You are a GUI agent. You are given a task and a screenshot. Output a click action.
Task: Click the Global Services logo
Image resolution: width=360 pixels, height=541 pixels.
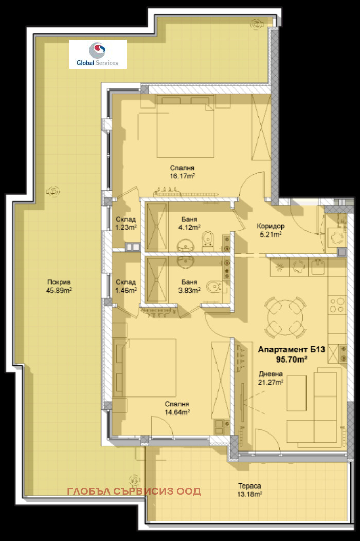(x=98, y=54)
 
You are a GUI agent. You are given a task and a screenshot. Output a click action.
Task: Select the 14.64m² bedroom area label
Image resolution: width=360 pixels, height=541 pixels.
(x=177, y=408)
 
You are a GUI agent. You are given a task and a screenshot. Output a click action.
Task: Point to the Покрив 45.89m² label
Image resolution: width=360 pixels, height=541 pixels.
(x=59, y=285)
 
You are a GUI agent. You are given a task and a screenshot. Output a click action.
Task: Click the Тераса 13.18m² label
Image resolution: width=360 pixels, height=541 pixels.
(x=249, y=490)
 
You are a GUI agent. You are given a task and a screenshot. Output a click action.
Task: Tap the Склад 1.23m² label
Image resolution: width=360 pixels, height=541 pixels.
(x=125, y=223)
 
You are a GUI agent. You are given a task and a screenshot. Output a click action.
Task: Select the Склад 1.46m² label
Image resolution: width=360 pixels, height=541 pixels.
(x=125, y=286)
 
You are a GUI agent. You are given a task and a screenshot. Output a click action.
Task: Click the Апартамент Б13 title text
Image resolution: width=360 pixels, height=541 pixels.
(x=291, y=350)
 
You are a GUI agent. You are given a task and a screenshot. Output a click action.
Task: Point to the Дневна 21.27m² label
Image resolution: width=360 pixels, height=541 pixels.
(x=271, y=377)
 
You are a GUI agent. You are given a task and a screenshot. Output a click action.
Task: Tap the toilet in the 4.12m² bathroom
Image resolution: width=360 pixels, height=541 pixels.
(x=208, y=240)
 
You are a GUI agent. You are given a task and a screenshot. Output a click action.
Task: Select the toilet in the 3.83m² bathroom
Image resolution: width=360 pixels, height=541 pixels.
(x=212, y=286)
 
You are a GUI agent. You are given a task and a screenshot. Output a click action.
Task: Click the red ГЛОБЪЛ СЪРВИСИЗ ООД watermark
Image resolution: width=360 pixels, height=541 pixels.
(x=134, y=491)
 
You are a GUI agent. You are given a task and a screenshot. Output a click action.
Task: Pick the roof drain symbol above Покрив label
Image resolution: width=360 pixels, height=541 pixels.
(x=52, y=191)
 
